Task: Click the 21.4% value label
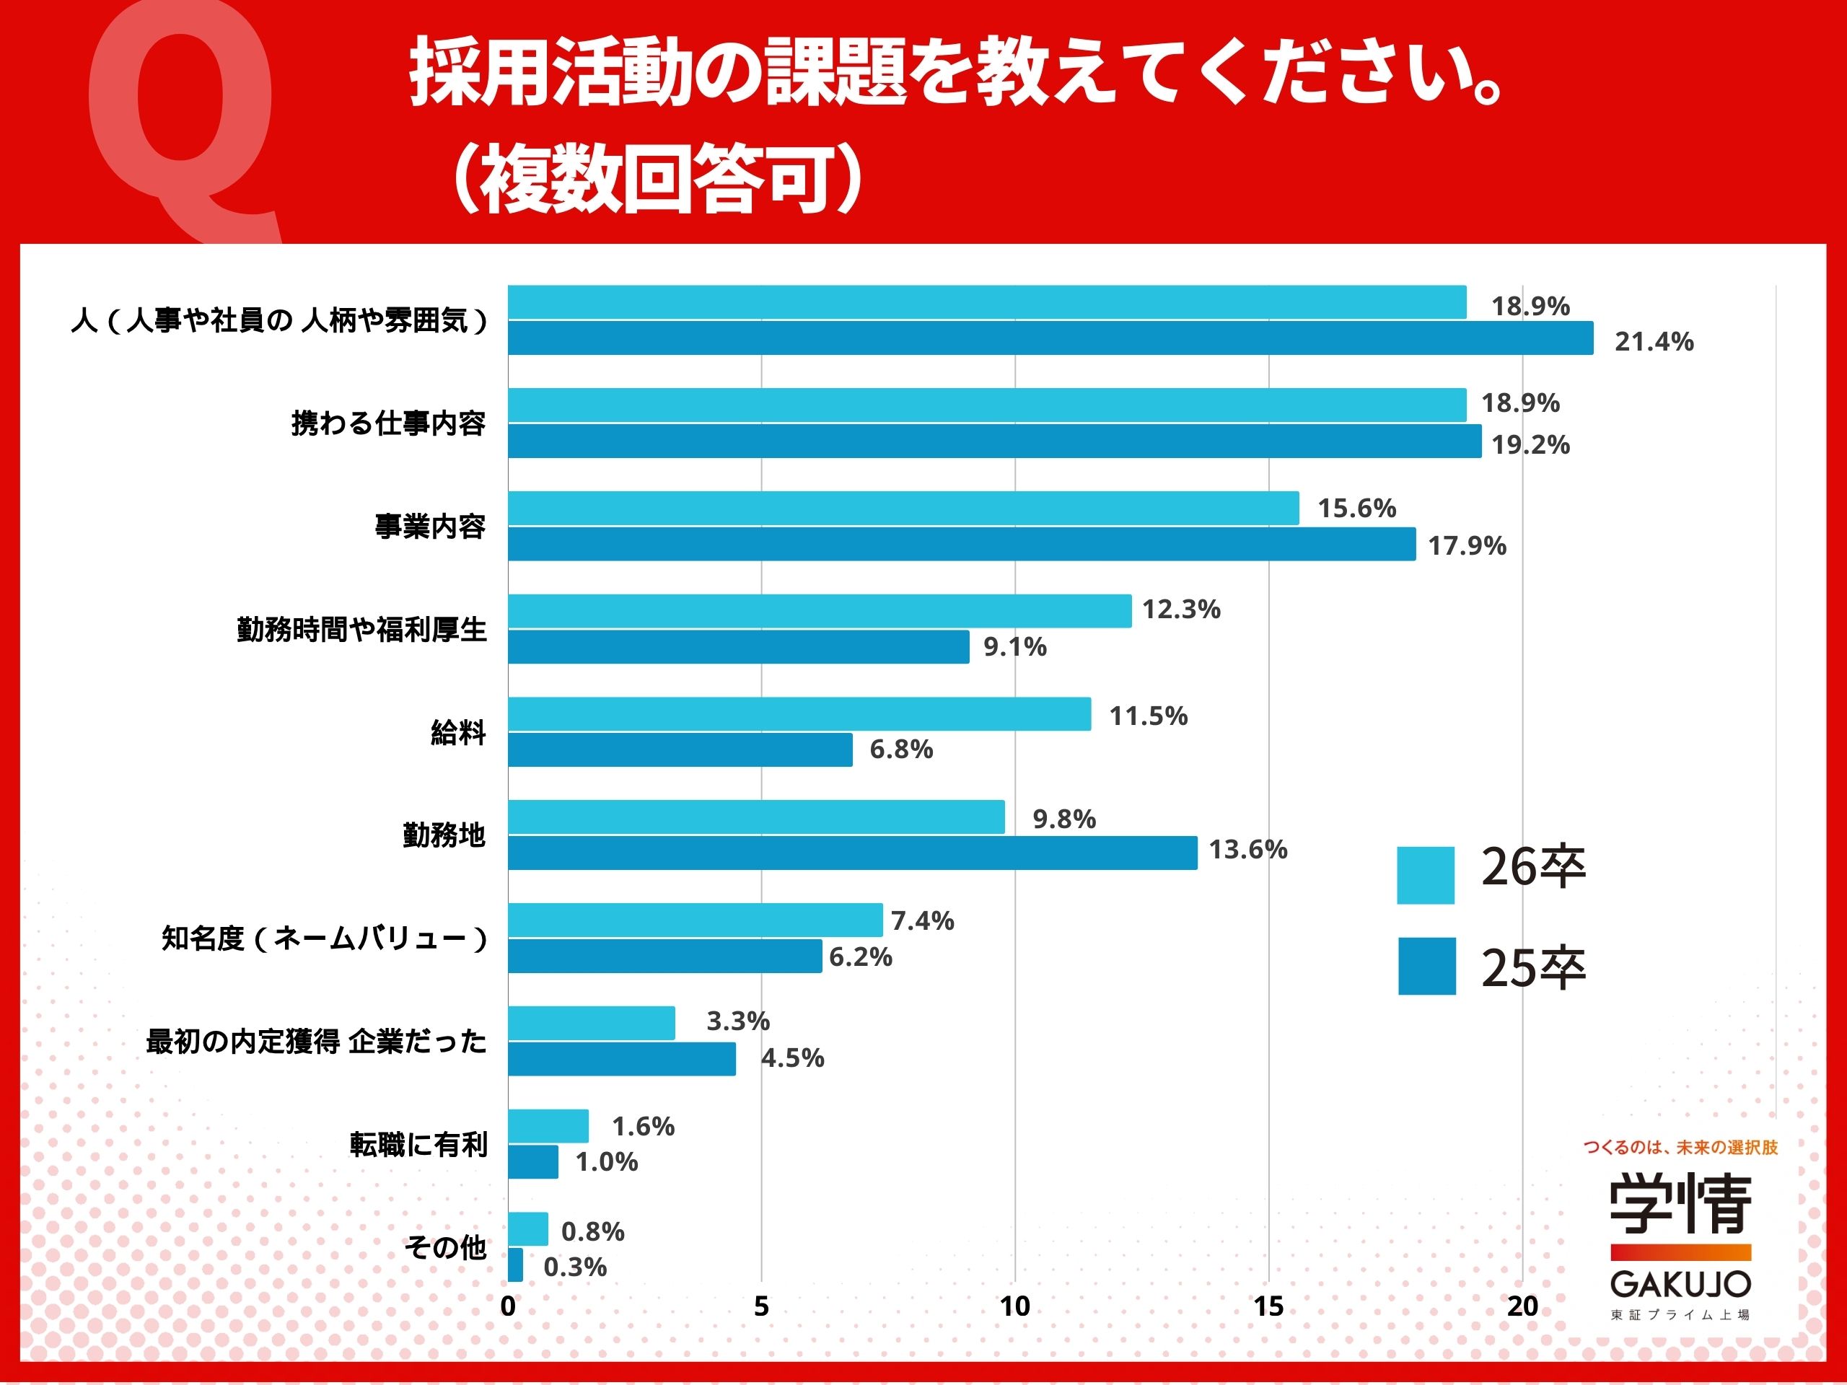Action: pos(1654,341)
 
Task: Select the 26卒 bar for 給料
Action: pos(799,714)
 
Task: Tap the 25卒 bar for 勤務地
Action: pos(853,853)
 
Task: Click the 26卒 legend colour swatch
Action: pos(1426,875)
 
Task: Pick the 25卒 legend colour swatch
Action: pos(1426,966)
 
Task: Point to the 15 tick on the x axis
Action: pos(1268,1306)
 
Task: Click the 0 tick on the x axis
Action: pos(508,1306)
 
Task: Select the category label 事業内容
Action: pos(430,527)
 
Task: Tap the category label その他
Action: pos(445,1247)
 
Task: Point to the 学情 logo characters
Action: pos(1680,1203)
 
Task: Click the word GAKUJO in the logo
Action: pos(1680,1284)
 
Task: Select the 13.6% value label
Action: pos(1247,850)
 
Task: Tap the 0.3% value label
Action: pos(574,1267)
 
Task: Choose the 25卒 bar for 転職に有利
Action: pos(532,1161)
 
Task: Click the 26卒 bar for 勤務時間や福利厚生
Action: pos(819,611)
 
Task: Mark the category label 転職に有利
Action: pos(418,1145)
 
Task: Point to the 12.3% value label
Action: pos(1180,610)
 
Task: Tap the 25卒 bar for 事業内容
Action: pos(961,543)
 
